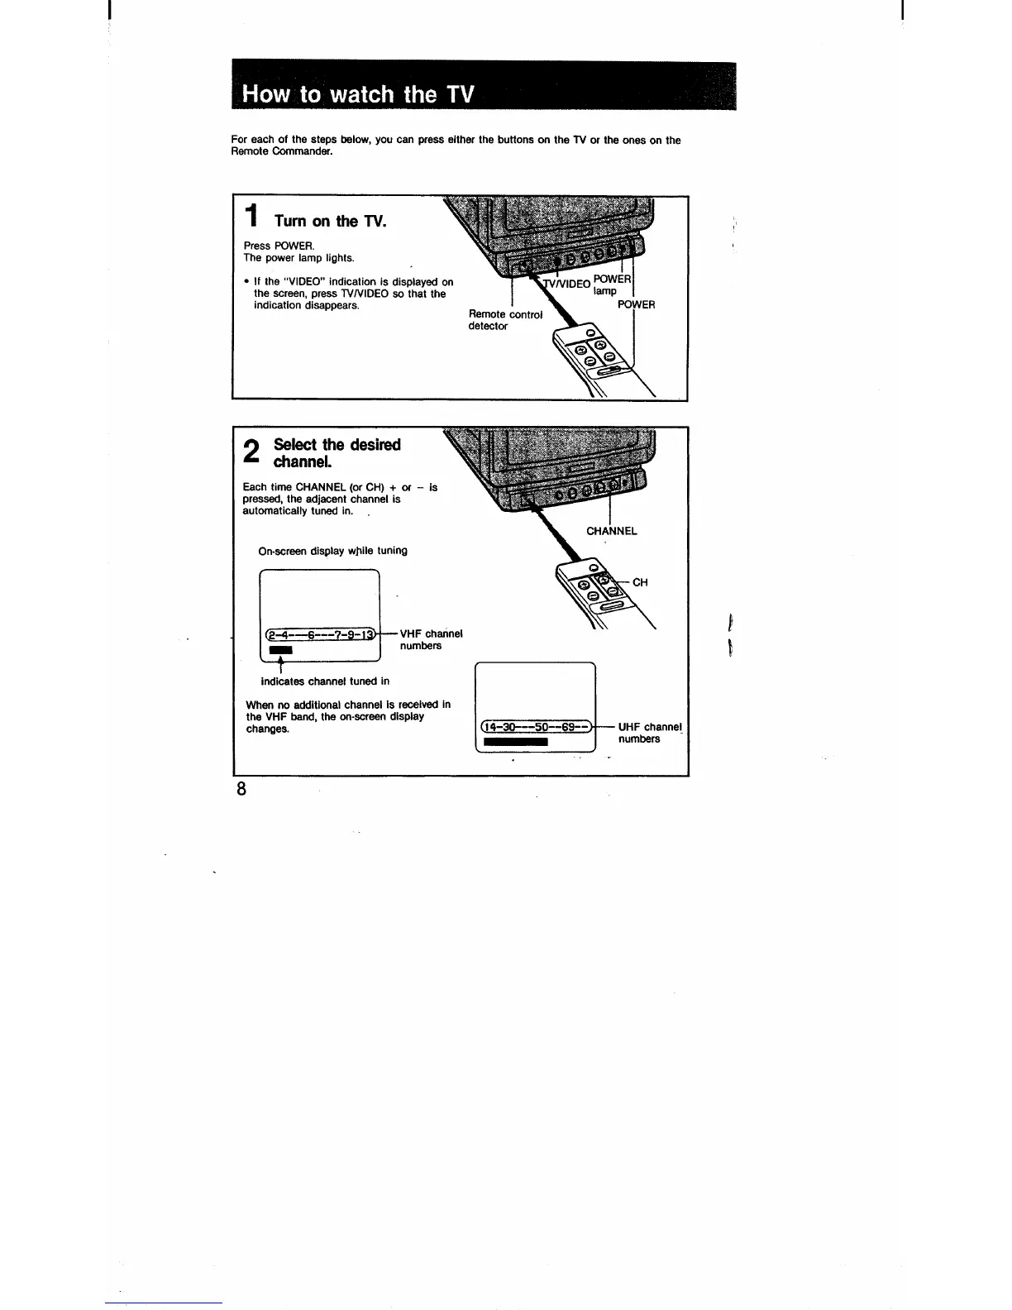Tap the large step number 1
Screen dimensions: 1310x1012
(x=253, y=218)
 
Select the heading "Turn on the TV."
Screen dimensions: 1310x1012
(x=330, y=221)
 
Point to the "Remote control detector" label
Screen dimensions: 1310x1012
(x=504, y=320)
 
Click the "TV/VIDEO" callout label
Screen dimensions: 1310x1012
(x=567, y=284)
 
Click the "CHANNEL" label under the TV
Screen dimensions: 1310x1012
(x=611, y=531)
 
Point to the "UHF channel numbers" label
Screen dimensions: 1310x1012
(x=649, y=733)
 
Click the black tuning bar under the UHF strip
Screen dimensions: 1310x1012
(x=515, y=742)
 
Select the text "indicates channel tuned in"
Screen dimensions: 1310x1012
(x=324, y=681)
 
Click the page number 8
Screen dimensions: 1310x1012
(x=241, y=788)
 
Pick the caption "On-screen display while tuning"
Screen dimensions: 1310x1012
(x=332, y=551)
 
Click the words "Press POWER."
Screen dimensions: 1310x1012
(x=267, y=246)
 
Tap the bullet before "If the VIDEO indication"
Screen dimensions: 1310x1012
(x=246, y=282)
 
